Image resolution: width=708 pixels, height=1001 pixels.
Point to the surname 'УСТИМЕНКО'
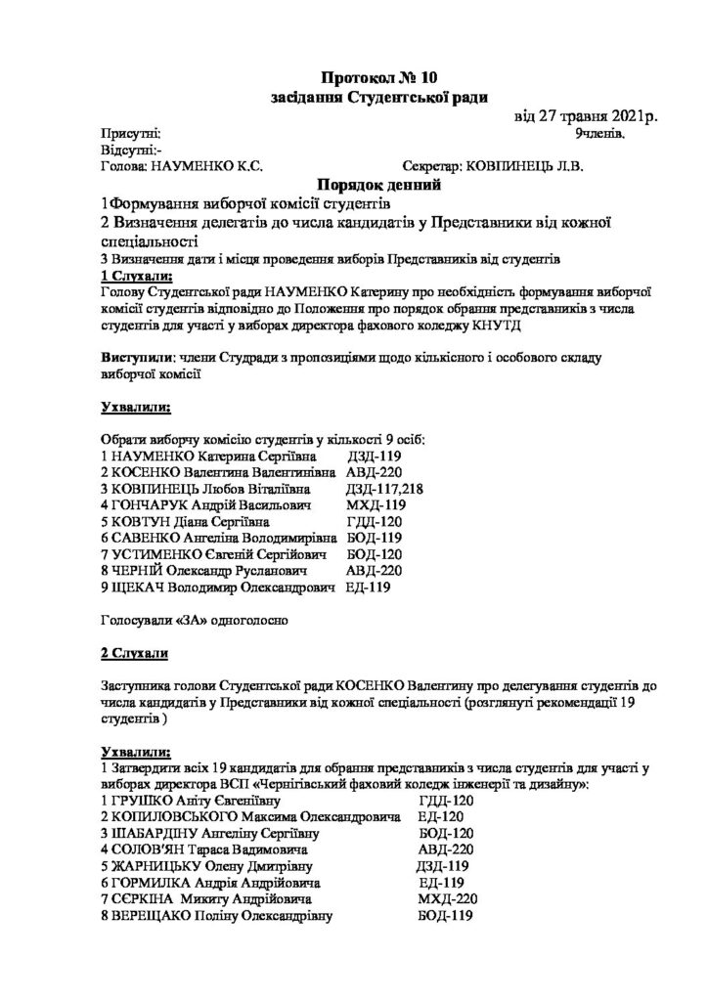tap(160, 555)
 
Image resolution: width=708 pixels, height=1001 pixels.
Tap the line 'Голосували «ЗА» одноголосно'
tap(196, 619)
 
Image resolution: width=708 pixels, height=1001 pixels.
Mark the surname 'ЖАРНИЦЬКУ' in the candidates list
tap(156, 865)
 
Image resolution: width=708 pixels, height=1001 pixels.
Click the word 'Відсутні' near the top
tap(126, 151)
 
